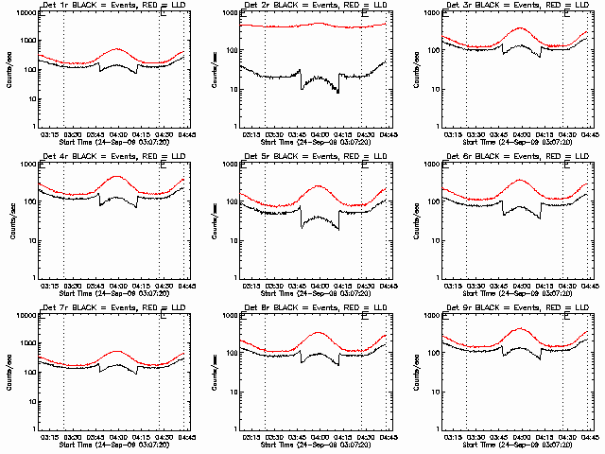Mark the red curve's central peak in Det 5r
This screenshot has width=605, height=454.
[x=318, y=185]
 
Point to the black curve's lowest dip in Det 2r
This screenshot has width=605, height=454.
[x=337, y=93]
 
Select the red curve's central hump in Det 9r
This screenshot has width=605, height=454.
[x=520, y=329]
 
